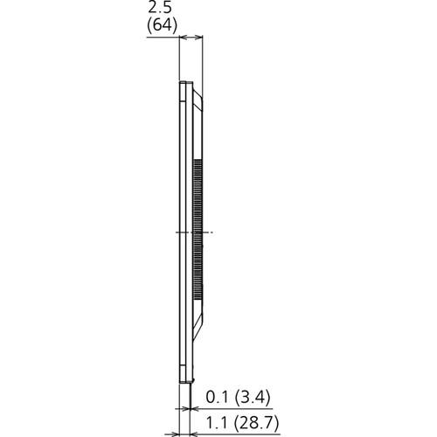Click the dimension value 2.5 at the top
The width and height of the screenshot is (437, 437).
click(x=159, y=10)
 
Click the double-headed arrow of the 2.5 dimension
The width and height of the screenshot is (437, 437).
click(x=191, y=38)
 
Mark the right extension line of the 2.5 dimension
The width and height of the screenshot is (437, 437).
click(x=204, y=61)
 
